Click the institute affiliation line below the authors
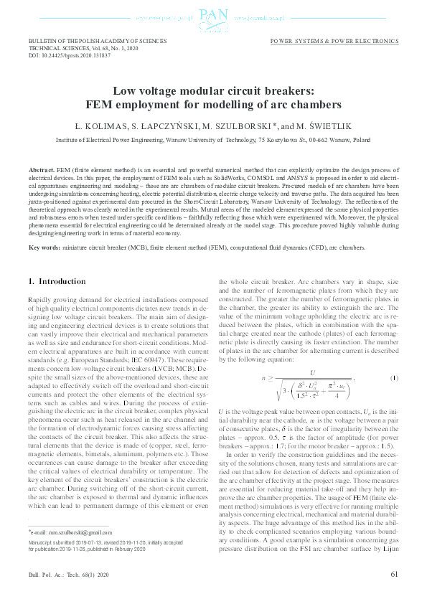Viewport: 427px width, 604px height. point(213,141)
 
